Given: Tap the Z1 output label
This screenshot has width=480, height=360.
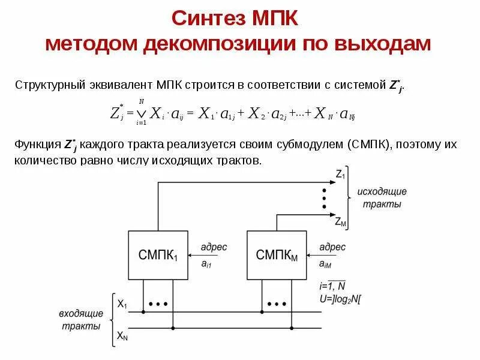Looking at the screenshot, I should pos(340,175).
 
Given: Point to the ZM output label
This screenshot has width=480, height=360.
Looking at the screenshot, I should pos(340,221).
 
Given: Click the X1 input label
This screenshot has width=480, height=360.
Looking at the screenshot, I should pos(122,304).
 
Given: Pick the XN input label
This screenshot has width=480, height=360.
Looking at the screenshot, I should pos(122,337).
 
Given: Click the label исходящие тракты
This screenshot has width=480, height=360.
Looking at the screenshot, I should pos(382,197).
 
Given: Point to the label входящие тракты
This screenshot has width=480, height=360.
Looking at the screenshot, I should pos(80,320).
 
